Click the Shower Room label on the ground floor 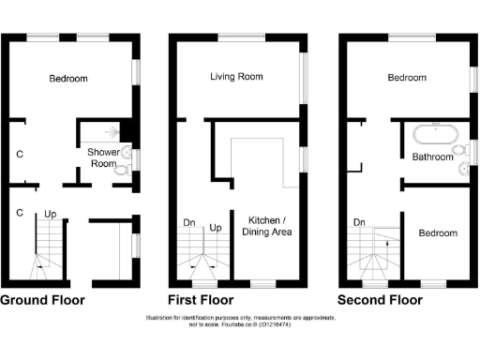[102, 157]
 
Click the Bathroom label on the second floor [432, 157]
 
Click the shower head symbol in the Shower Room [112, 133]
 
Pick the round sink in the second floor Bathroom [463, 169]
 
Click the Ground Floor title [42, 301]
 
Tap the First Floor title [200, 301]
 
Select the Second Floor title [380, 301]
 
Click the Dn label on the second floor [359, 223]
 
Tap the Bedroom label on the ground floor [68, 79]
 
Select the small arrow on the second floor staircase [386, 242]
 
